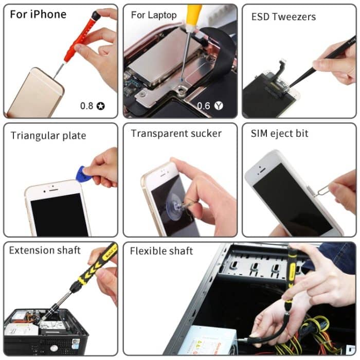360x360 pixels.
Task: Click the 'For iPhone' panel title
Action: pos(38,14)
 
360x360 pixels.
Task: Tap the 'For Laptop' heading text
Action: pos(153,15)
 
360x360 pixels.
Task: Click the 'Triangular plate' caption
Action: pos(48,136)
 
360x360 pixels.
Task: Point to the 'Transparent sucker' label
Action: pos(176,134)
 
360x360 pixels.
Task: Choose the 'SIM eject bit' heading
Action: pos(279,134)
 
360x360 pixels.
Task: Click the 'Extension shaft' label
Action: pos(45,250)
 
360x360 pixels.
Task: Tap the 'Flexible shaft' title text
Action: pos(161,251)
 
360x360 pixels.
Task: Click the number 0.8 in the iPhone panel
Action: pos(87,106)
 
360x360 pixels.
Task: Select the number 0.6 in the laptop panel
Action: pos(204,106)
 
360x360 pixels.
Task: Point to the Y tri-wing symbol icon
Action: pos(220,106)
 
